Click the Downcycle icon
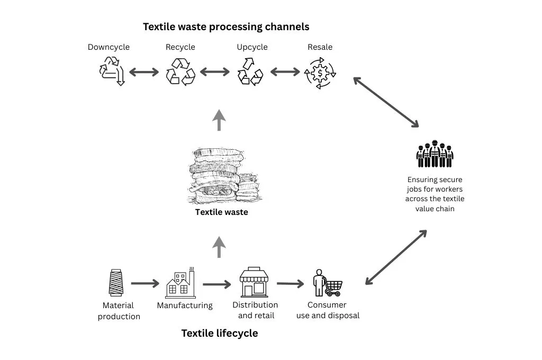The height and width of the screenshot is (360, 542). (112, 71)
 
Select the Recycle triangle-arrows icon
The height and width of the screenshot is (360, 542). (180, 71)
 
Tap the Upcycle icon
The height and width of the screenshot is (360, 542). (250, 71)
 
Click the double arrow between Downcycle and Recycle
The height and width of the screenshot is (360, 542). (144, 72)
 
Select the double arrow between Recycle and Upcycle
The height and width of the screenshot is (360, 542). (214, 72)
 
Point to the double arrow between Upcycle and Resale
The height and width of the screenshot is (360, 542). (285, 72)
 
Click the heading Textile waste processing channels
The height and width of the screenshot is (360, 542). (226, 26)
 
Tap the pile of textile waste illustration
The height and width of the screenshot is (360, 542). (220, 175)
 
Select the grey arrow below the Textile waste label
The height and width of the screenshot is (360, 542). (219, 247)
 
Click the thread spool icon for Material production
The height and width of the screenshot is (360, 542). (116, 283)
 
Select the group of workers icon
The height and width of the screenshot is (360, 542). (435, 154)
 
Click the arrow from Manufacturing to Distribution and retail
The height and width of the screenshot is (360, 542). (217, 284)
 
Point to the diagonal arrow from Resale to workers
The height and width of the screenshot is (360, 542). (386, 102)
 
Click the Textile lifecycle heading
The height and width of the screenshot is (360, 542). (220, 334)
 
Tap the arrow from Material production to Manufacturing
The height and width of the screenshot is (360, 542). (145, 284)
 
